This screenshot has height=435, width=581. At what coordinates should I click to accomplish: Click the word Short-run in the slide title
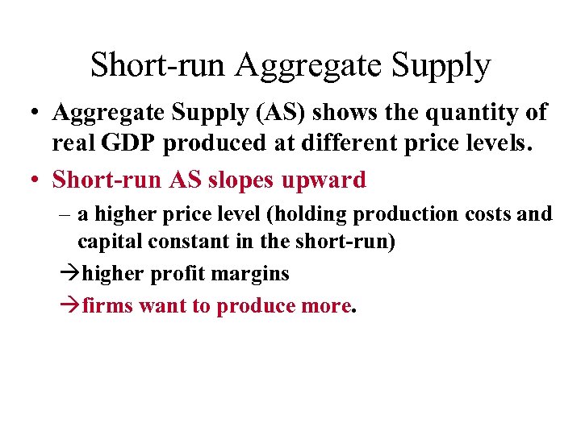(158, 65)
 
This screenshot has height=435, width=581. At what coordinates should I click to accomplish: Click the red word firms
(108, 306)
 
